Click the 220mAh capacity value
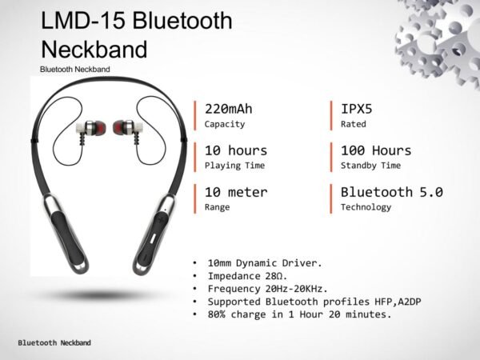coord(228,109)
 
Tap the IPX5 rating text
coord(357,109)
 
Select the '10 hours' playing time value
coord(236,150)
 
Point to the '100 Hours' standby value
coord(376,150)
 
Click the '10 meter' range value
coord(236,192)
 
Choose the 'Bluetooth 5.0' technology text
coord(392,192)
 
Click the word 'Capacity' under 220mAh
coord(225,124)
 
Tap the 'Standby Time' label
coord(370,166)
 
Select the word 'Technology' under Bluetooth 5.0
coord(366,207)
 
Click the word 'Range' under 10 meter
coord(217,207)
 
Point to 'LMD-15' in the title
coord(82,21)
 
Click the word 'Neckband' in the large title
coord(94,50)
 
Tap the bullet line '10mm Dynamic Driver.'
coord(265,263)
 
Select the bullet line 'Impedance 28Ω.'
coord(247,276)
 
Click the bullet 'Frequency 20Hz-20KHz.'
coord(267,289)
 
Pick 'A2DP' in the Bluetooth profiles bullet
coord(410,302)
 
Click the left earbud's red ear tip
coord(100,128)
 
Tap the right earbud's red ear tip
coord(118,127)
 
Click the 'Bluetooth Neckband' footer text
coord(54,343)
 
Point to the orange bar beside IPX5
coord(331,116)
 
